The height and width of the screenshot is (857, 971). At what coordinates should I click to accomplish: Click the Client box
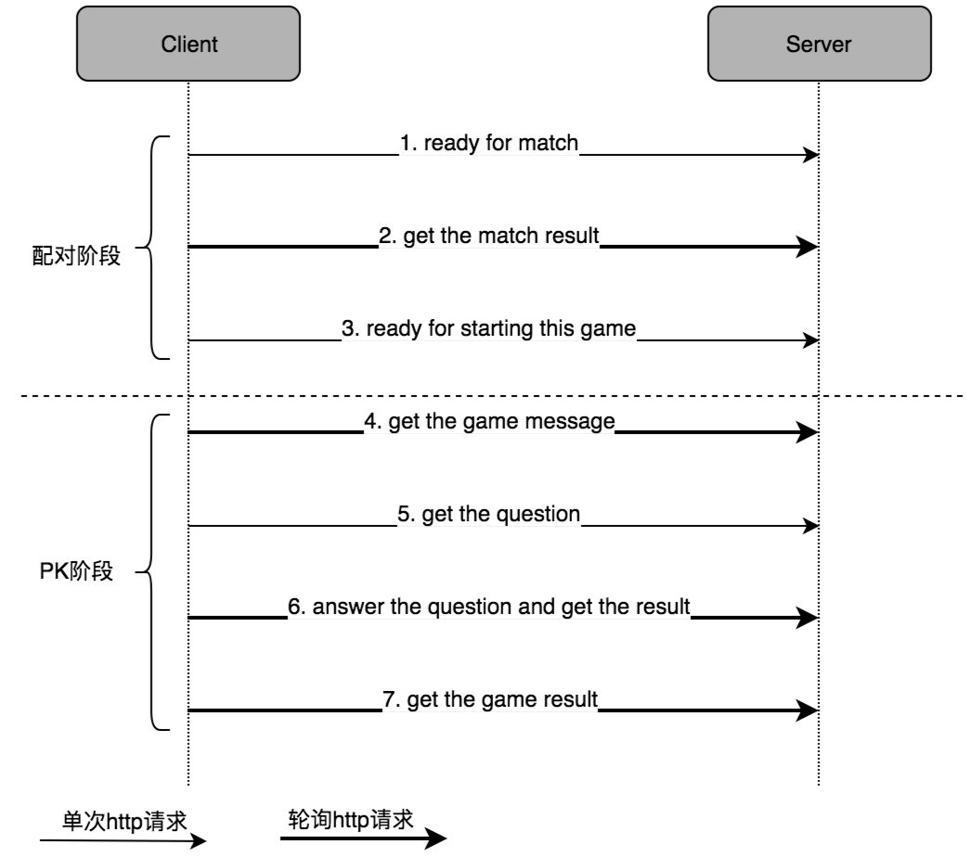(x=188, y=44)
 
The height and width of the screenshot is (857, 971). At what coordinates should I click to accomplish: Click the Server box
(x=820, y=44)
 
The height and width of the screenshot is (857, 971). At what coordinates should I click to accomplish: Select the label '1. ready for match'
(x=488, y=143)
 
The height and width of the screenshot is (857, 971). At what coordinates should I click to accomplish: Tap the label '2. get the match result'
(x=488, y=236)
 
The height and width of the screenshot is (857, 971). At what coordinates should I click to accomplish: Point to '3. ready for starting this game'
(x=488, y=328)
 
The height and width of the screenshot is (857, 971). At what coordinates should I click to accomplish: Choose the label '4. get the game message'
(x=489, y=421)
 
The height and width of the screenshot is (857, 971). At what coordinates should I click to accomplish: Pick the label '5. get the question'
(x=488, y=514)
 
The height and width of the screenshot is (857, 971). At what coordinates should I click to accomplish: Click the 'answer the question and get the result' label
(x=500, y=607)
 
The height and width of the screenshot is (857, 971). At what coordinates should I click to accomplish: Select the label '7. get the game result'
(x=490, y=700)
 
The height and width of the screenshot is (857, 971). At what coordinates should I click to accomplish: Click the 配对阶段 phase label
(x=76, y=256)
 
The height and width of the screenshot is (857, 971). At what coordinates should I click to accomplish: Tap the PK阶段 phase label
(x=76, y=570)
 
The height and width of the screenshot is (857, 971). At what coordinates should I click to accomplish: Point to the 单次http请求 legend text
(x=123, y=821)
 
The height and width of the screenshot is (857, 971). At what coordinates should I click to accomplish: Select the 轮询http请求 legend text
(x=351, y=819)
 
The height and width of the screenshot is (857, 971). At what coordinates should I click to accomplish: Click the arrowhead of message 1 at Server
(x=811, y=155)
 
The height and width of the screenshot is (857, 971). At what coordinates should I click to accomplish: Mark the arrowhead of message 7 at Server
(x=808, y=710)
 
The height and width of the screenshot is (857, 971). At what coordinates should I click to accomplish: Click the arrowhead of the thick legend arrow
(x=436, y=838)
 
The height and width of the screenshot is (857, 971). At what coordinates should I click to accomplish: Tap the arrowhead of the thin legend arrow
(x=198, y=840)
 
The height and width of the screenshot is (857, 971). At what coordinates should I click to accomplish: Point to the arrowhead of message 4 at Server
(x=808, y=432)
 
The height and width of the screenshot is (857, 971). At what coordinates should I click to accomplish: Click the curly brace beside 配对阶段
(x=151, y=248)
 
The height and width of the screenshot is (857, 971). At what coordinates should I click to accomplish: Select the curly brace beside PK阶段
(x=151, y=572)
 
